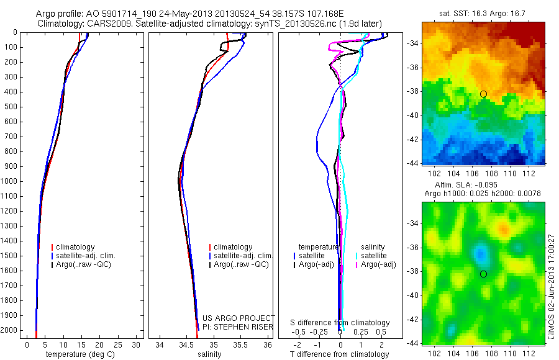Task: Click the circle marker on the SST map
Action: click(x=483, y=94)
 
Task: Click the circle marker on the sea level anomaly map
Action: click(x=483, y=274)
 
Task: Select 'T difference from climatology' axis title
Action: click(x=340, y=354)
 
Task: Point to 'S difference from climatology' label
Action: click(x=340, y=323)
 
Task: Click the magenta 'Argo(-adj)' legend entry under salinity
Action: click(x=379, y=265)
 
